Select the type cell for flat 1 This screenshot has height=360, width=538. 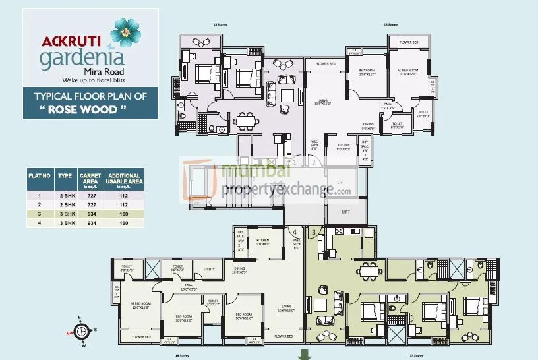coord(65,195)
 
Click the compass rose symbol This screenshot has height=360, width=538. coord(82,330)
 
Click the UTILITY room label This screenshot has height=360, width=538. coord(210,269)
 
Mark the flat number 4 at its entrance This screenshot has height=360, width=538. coord(294,231)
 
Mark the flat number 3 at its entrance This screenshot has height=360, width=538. coord(313,231)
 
